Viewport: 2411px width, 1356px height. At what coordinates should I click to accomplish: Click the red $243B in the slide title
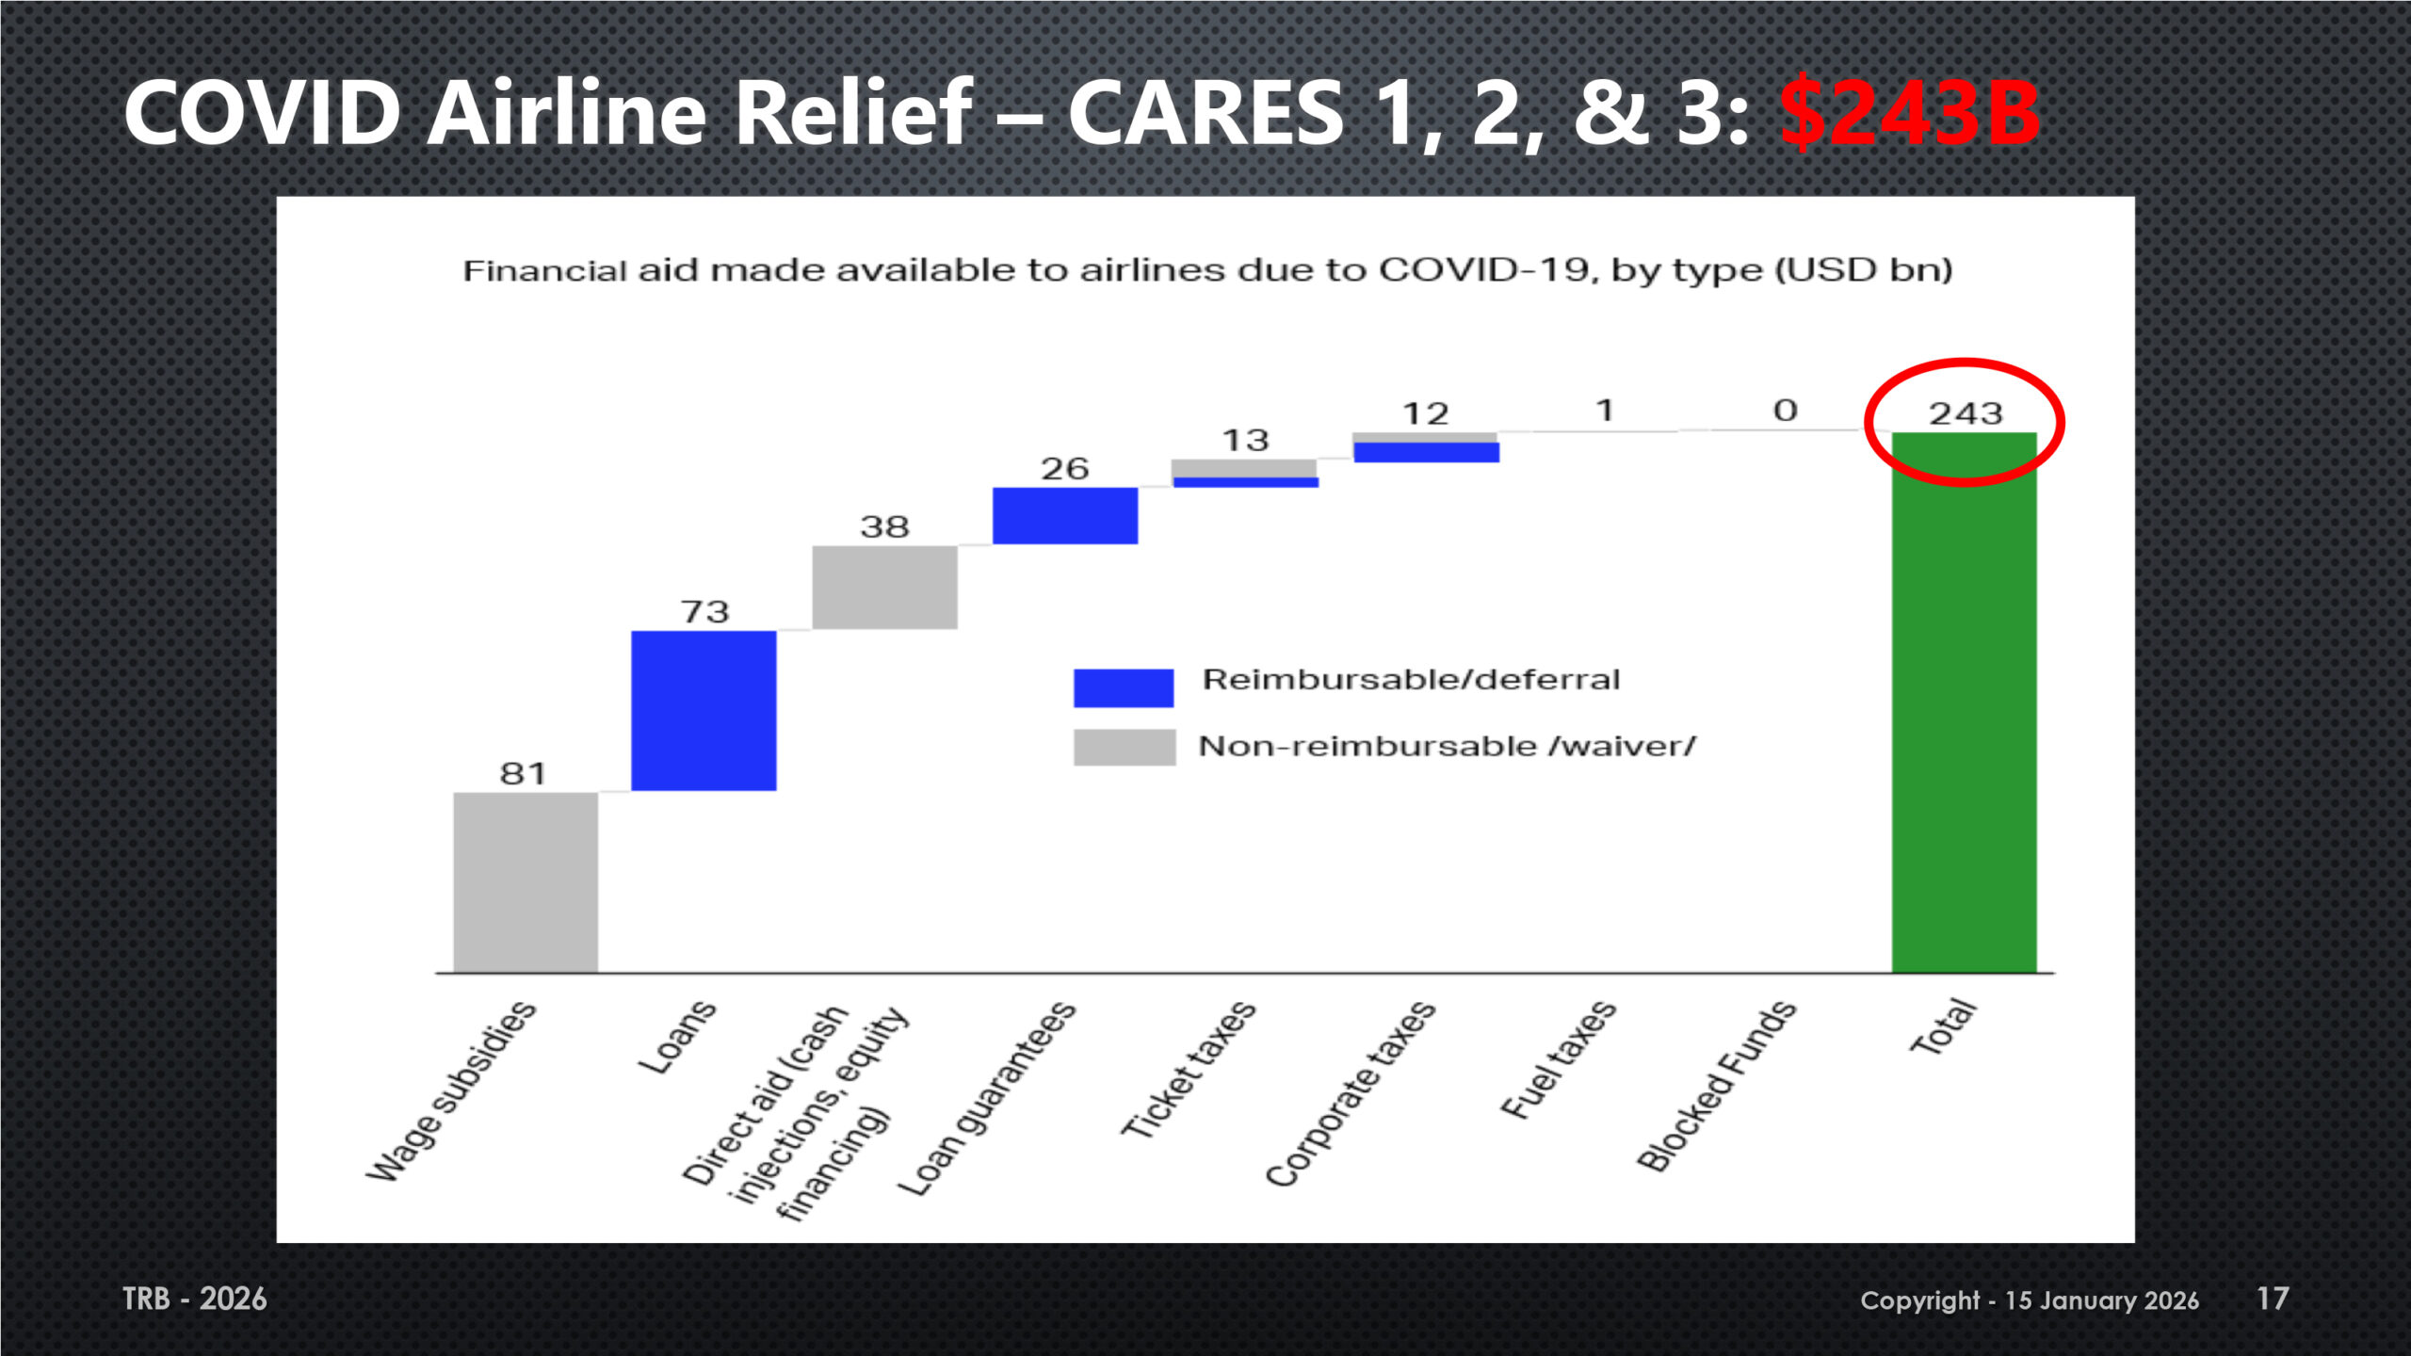[1909, 113]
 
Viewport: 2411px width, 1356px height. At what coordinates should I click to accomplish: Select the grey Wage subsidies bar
[526, 882]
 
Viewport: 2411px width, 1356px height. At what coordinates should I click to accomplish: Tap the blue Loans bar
[704, 710]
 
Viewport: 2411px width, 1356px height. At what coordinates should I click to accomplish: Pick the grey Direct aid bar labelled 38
[884, 587]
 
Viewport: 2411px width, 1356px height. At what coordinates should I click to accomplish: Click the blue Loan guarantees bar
[1065, 515]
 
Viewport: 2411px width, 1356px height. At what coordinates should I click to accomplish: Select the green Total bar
[1965, 716]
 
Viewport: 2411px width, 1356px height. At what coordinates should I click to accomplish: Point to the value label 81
[523, 773]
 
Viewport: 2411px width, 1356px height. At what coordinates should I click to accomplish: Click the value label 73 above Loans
[705, 612]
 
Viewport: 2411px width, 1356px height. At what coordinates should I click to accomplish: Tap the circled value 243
[1966, 413]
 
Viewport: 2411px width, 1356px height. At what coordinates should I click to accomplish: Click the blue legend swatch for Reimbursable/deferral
[1124, 687]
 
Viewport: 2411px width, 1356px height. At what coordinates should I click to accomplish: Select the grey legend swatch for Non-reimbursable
[1124, 747]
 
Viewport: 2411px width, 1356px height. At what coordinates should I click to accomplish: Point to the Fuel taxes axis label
[1558, 1060]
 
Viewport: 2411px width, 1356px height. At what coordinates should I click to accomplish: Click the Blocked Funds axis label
[1717, 1086]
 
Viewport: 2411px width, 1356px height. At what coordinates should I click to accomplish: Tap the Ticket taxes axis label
[1189, 1070]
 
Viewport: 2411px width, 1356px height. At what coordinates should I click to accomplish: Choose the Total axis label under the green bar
[1943, 1027]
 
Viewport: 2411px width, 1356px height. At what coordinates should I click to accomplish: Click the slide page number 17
[2273, 1299]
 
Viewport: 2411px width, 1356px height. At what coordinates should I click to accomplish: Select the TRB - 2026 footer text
[195, 1299]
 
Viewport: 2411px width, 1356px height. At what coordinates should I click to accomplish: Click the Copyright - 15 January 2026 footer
[2030, 1300]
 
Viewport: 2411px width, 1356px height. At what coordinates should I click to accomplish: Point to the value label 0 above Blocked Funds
[1786, 411]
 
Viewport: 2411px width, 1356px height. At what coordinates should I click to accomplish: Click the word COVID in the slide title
[263, 113]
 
